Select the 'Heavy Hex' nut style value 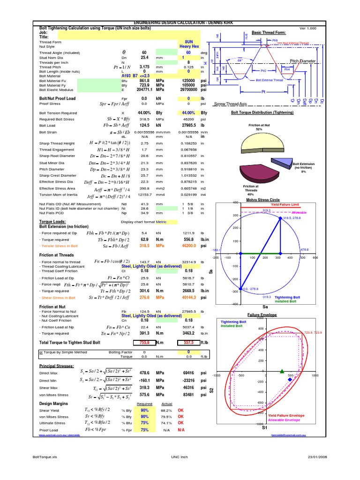click(x=189, y=47)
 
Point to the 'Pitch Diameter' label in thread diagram click(x=304, y=61)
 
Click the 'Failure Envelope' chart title click(x=262, y=315)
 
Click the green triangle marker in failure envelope click(x=282, y=371)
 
